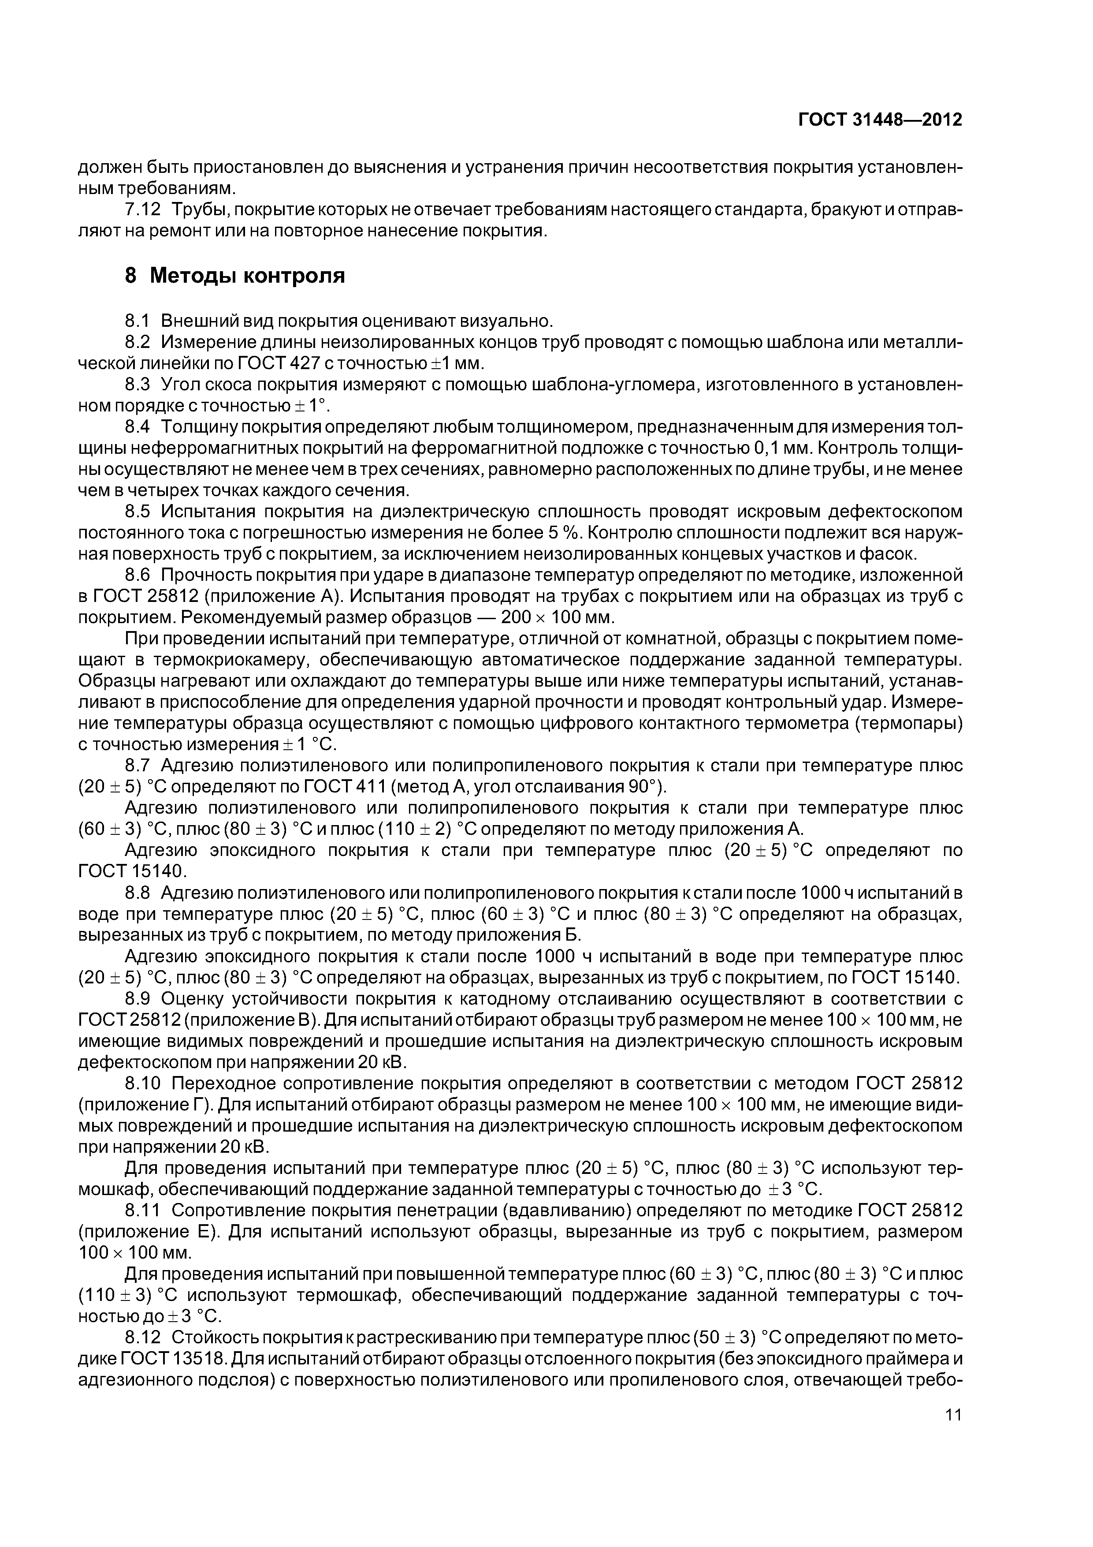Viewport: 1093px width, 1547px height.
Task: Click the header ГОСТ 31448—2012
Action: [880, 120]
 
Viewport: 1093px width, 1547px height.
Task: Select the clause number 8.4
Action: [139, 427]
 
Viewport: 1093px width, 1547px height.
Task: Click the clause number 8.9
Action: [139, 998]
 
